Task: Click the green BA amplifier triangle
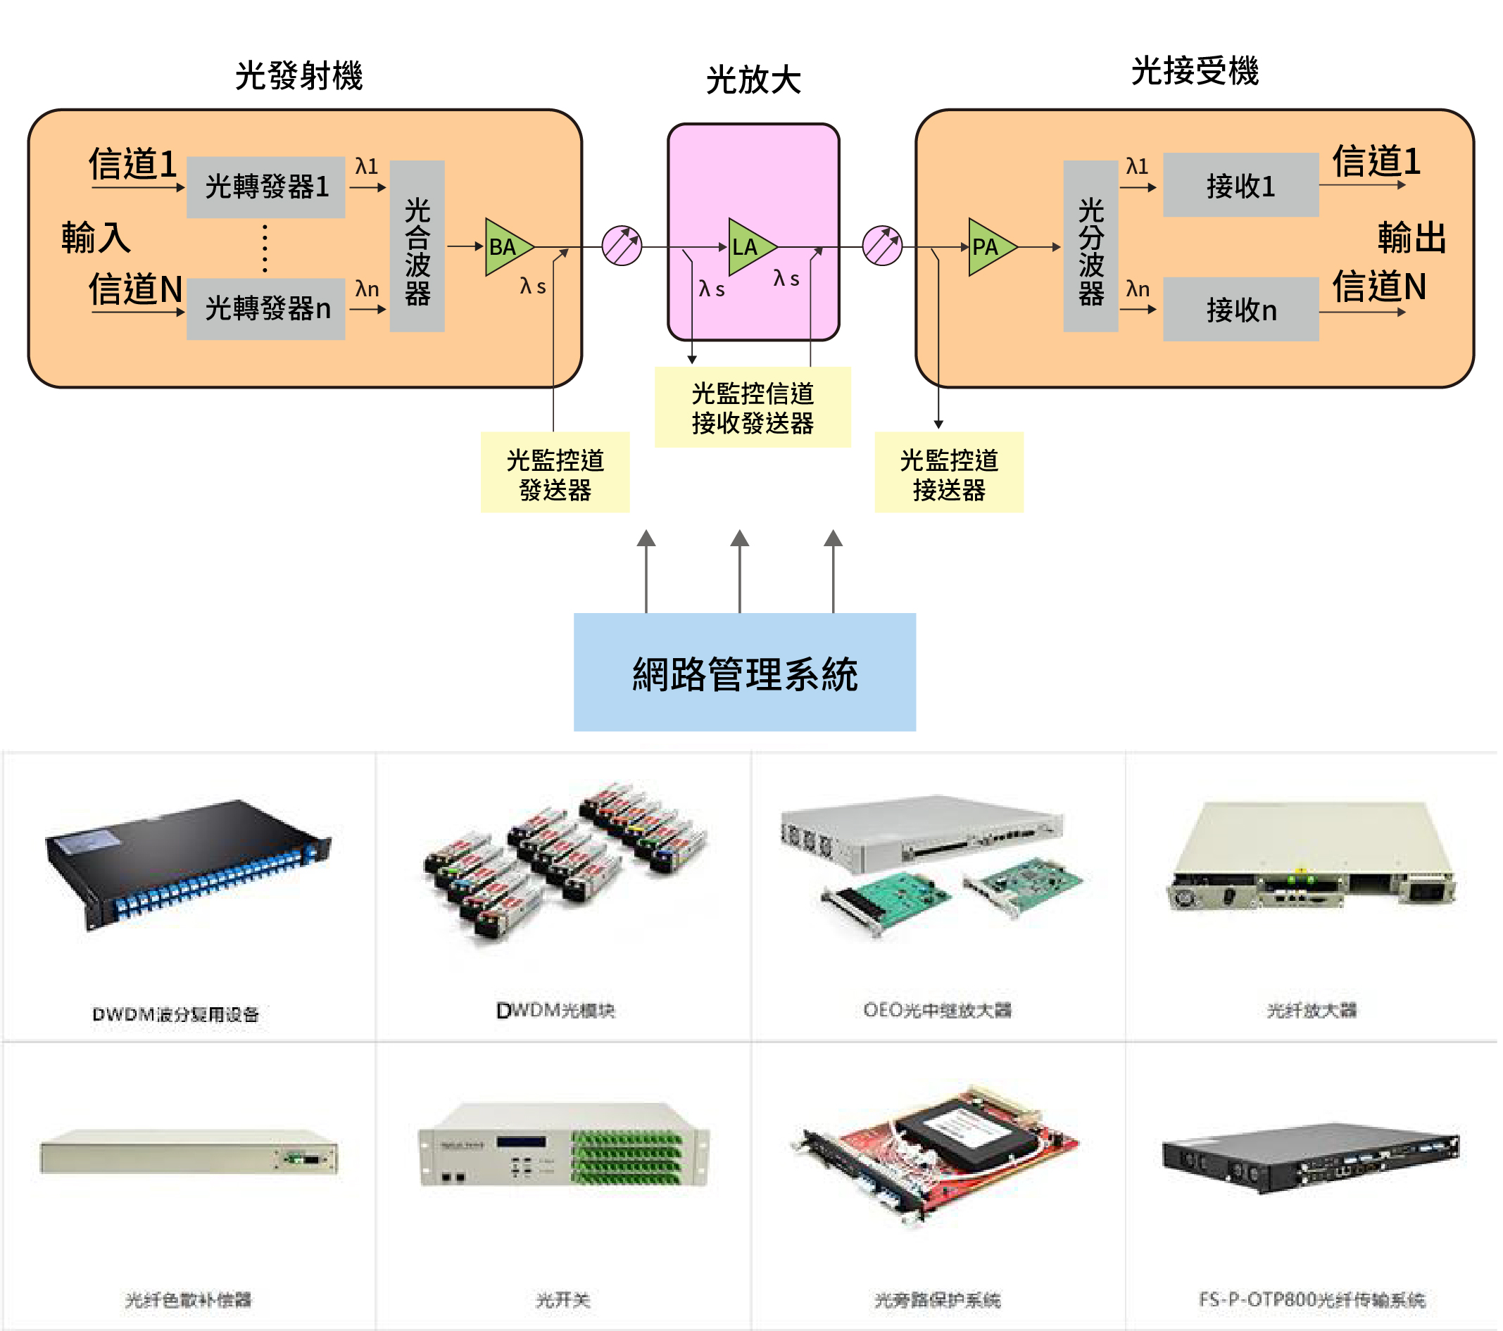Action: tap(505, 247)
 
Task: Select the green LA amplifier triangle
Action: tap(748, 247)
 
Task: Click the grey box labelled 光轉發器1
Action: tap(266, 187)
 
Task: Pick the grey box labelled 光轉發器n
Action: tap(266, 309)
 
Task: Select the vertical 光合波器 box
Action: tap(417, 246)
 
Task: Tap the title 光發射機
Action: tap(300, 76)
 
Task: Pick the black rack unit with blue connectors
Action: tap(188, 864)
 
